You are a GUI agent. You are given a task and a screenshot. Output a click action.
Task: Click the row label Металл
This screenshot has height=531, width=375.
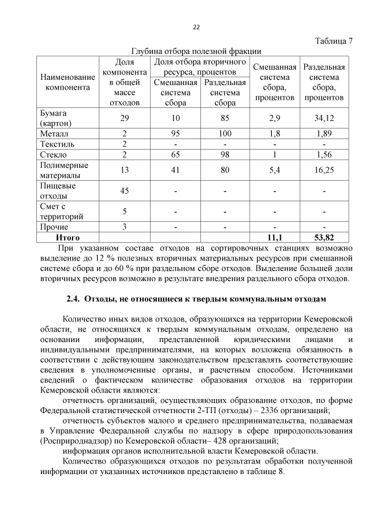coord(53,133)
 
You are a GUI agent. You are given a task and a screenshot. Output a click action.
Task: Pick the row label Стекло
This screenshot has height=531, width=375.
coord(53,154)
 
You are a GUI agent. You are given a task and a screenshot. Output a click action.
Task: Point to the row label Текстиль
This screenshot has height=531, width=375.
coord(56,144)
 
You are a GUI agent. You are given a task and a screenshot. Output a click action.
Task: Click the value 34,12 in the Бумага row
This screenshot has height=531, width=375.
coord(324,118)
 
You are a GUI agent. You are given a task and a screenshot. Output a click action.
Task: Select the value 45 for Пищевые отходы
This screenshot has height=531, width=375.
coord(124,191)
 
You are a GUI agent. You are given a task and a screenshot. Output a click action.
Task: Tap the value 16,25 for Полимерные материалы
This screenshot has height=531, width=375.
coord(324,170)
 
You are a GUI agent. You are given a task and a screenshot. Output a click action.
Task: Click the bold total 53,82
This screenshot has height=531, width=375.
coord(324,238)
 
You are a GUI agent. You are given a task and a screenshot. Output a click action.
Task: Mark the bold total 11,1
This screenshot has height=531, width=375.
coord(275,238)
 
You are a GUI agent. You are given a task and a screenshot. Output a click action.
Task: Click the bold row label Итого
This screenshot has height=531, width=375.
coord(67,238)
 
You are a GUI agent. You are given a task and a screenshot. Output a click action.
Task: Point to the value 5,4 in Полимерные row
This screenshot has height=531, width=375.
coord(275,170)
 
